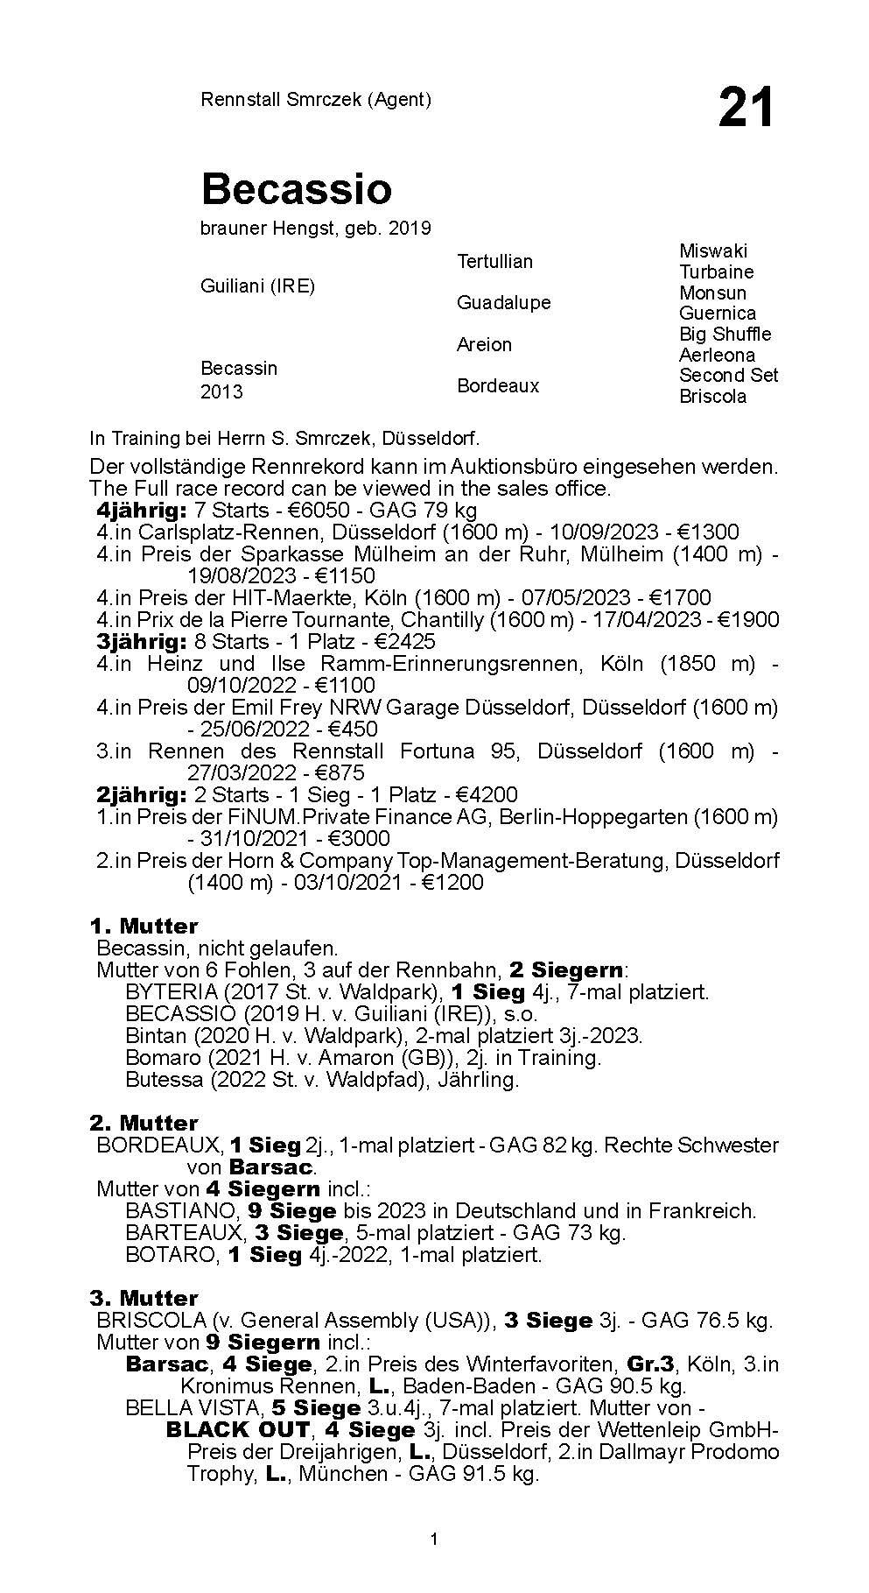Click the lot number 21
coord(746,108)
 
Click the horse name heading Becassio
coord(296,188)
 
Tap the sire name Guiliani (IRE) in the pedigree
coord(257,286)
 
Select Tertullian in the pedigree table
coord(494,261)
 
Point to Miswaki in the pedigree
coord(713,251)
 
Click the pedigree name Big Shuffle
coord(725,335)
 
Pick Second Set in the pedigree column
coord(728,376)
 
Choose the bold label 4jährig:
coord(141,511)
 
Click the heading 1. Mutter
coord(144,927)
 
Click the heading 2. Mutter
coord(144,1124)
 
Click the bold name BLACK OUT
coord(237,1430)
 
